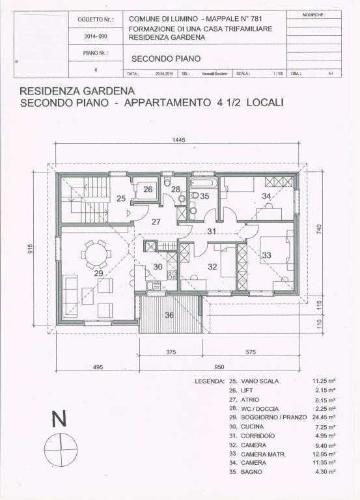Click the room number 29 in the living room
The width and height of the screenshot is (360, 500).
[x=98, y=274]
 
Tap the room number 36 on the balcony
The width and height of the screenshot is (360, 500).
[x=169, y=315]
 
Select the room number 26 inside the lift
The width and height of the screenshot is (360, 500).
[x=148, y=189]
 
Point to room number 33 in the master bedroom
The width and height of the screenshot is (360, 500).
[x=266, y=256]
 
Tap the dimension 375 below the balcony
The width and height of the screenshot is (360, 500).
[x=171, y=352]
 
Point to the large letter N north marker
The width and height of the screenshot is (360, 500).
[x=59, y=420]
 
